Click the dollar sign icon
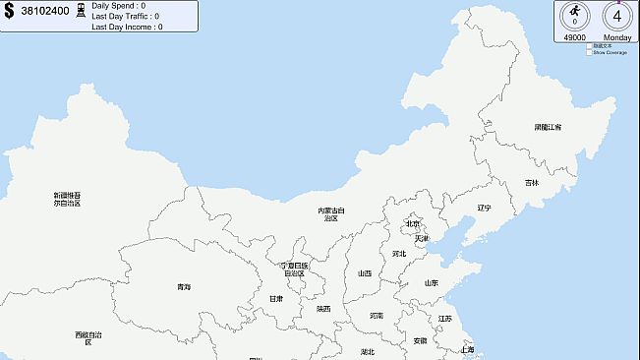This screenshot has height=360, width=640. (x=9, y=13)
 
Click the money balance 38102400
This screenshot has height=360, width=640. (x=44, y=13)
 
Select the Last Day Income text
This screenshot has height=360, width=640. (x=127, y=27)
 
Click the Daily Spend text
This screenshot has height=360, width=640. (x=118, y=5)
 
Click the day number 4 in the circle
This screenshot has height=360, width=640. (x=617, y=17)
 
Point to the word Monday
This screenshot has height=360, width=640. (x=617, y=37)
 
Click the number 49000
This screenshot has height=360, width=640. (x=574, y=37)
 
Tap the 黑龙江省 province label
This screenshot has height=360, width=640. (x=548, y=127)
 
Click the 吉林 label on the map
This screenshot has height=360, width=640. (x=531, y=182)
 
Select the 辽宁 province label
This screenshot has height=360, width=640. (x=484, y=208)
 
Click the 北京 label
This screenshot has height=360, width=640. (x=413, y=223)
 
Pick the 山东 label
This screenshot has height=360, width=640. (x=432, y=283)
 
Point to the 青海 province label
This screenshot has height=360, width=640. (x=184, y=286)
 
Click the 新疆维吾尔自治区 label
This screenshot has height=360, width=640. (x=67, y=199)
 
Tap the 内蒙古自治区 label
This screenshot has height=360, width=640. (x=331, y=213)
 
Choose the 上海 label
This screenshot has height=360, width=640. (x=467, y=349)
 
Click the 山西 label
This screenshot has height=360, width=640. (x=364, y=272)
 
